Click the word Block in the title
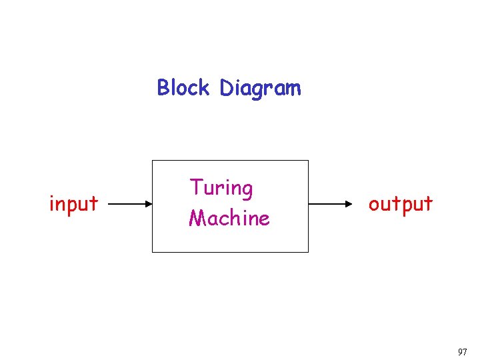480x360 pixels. (x=183, y=87)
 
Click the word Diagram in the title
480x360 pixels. (x=260, y=88)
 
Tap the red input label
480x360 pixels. (x=73, y=203)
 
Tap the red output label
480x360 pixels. (x=401, y=204)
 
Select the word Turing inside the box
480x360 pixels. (x=221, y=189)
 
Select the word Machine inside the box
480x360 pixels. (x=229, y=218)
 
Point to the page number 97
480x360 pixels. (x=463, y=351)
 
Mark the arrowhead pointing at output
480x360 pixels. (x=356, y=203)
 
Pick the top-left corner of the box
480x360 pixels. (x=153, y=161)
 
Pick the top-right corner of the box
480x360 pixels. (x=309, y=161)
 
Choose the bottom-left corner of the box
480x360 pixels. (x=153, y=252)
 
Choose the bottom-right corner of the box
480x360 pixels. (x=309, y=252)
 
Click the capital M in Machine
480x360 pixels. (x=197, y=218)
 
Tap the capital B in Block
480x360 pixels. (x=163, y=87)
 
